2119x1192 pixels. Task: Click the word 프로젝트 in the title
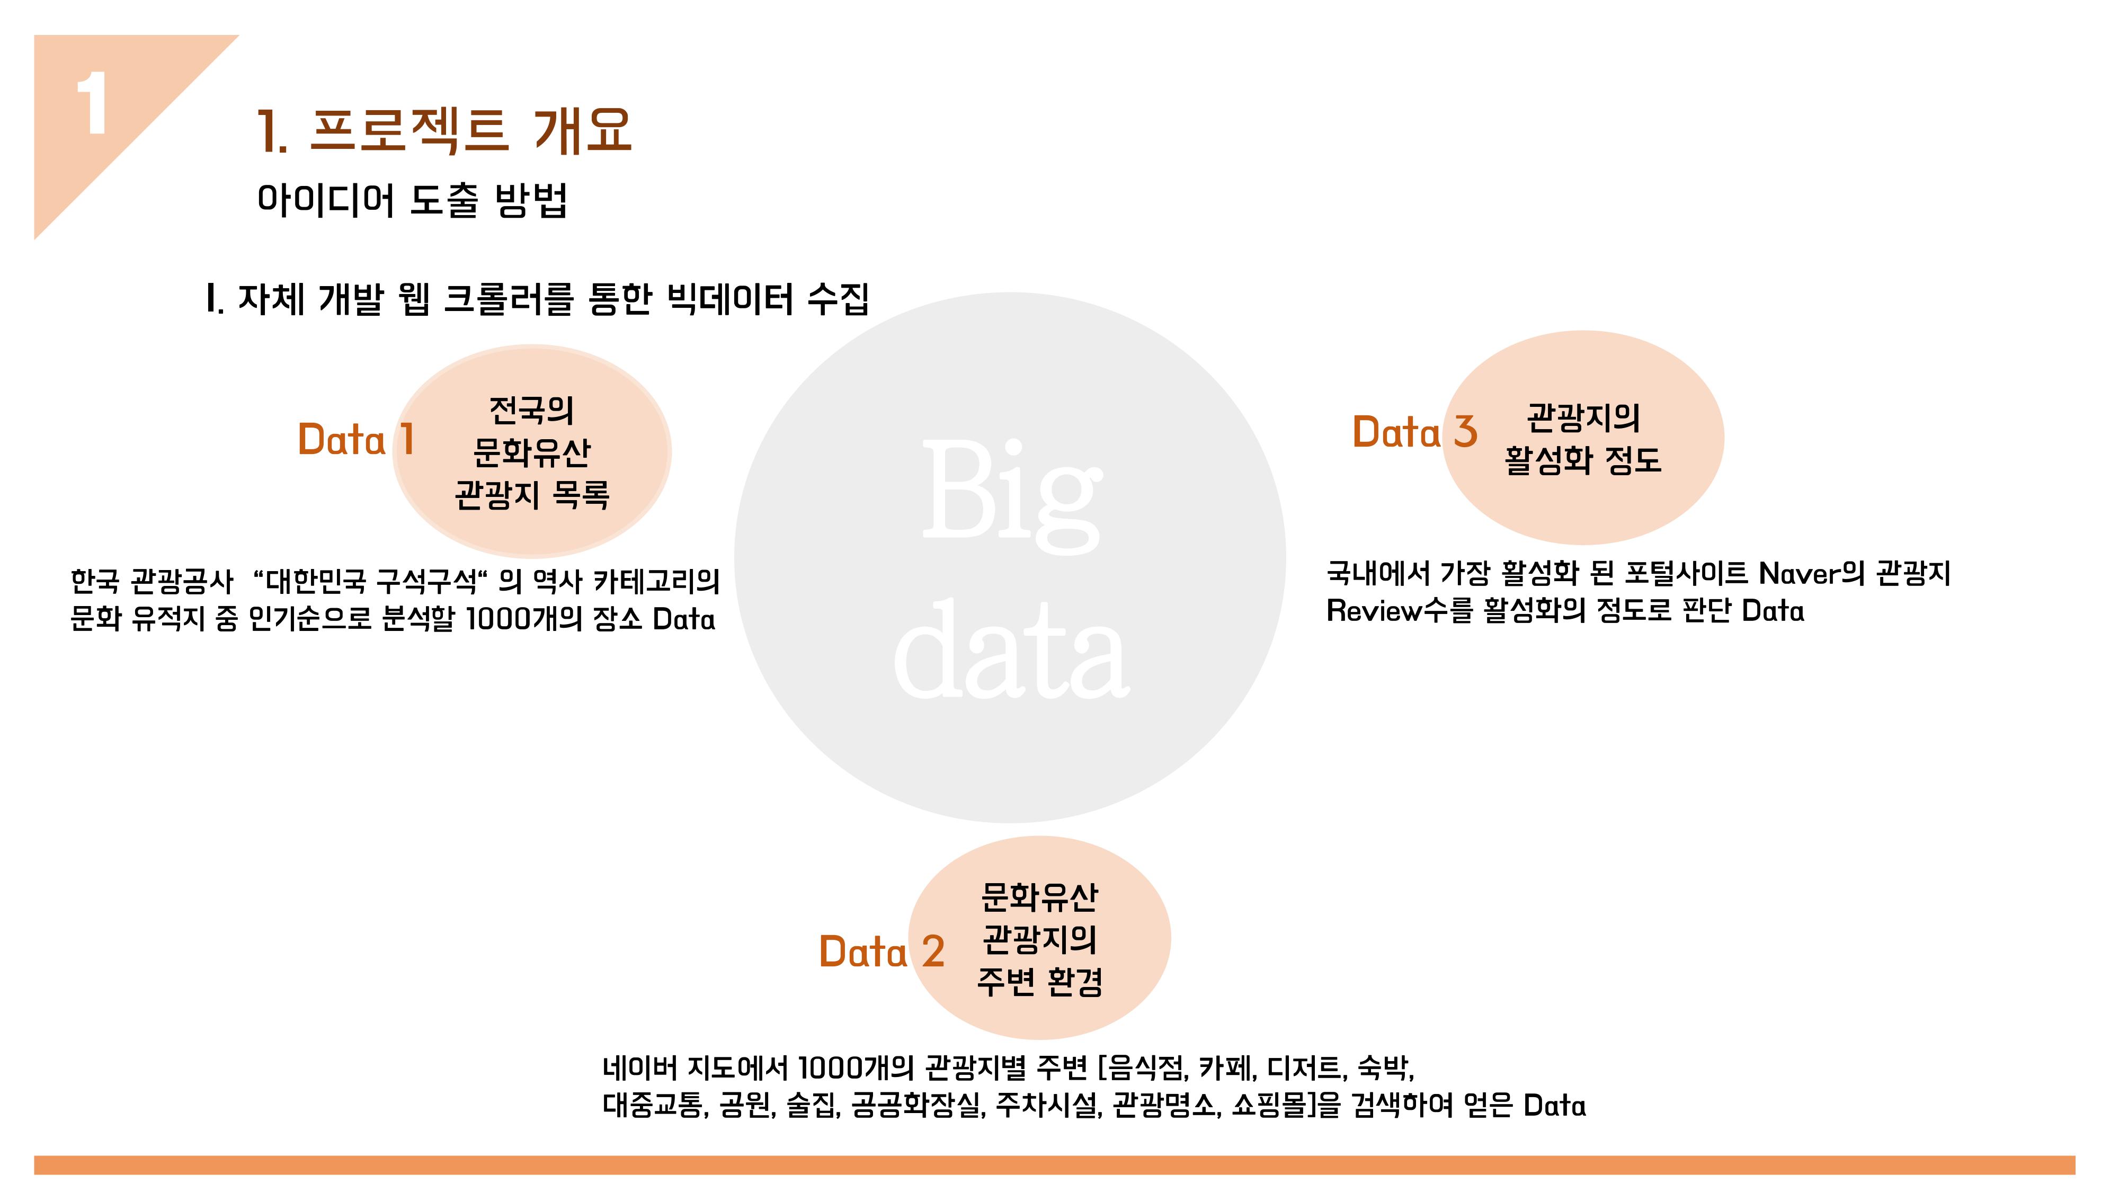[x=408, y=131]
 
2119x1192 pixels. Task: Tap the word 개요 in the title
[x=582, y=131]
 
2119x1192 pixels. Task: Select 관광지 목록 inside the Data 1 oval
[x=532, y=494]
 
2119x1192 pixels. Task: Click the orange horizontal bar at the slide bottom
[x=1055, y=1165]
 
